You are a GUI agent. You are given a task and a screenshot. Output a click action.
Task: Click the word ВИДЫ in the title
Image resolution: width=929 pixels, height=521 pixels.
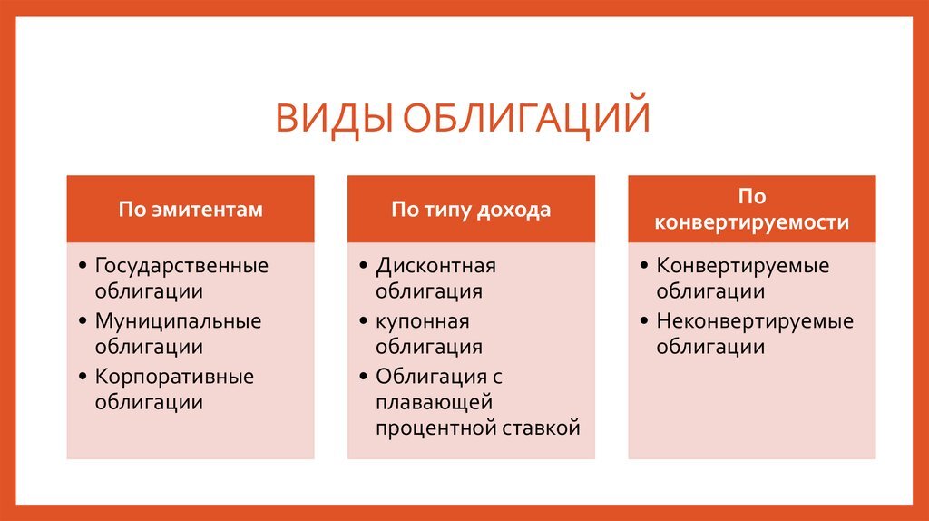[x=334, y=118]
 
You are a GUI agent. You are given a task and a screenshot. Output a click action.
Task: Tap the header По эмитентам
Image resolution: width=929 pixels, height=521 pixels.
[x=191, y=210]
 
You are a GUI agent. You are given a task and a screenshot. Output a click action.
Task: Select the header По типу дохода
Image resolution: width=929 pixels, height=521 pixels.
[x=471, y=211]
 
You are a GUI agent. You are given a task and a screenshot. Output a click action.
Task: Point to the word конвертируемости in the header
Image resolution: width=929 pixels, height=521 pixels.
[x=752, y=222]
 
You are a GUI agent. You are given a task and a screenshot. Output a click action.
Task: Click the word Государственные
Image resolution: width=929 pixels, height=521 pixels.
[x=181, y=266]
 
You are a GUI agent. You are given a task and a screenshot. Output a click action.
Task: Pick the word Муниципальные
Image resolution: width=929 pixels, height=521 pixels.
[x=178, y=321]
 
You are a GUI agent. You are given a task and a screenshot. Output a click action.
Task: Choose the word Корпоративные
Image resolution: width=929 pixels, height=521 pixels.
[x=174, y=377]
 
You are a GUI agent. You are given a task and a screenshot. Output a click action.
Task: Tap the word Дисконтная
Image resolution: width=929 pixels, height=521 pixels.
[x=436, y=266]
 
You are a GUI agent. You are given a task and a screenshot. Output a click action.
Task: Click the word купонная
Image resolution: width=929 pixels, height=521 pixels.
[x=423, y=322]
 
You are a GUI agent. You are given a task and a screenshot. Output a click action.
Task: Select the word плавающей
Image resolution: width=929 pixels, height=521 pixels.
[x=435, y=403]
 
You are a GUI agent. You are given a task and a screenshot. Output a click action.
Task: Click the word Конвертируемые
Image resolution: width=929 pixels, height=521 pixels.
[x=743, y=266]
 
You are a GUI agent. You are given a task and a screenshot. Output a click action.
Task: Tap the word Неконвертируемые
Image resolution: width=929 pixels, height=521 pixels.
[x=755, y=321]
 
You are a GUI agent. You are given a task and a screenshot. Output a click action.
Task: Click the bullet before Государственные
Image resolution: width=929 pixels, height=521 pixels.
[x=83, y=266]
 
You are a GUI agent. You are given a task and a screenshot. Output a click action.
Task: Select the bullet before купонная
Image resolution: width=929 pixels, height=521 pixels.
[x=363, y=321]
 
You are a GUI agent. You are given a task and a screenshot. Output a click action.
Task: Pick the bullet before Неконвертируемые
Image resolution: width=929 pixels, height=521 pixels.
[x=644, y=321]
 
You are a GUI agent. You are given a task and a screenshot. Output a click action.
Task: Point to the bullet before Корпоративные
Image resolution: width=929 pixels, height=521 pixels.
[x=83, y=377]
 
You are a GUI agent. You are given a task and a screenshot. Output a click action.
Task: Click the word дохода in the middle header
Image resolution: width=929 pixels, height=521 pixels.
[x=514, y=211]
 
